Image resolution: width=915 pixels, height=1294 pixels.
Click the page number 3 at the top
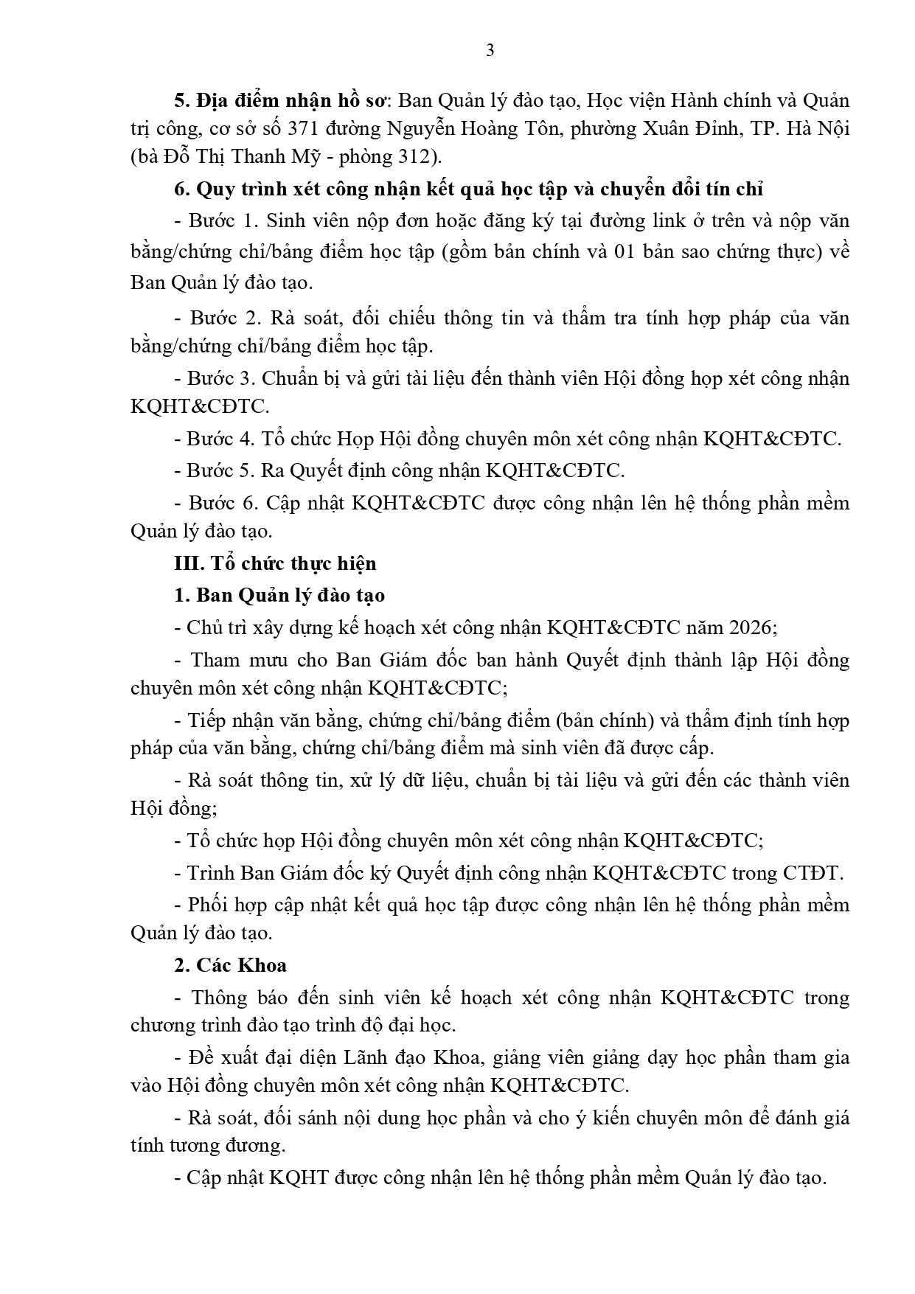[490, 51]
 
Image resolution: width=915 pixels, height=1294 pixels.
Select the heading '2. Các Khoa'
[231, 964]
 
